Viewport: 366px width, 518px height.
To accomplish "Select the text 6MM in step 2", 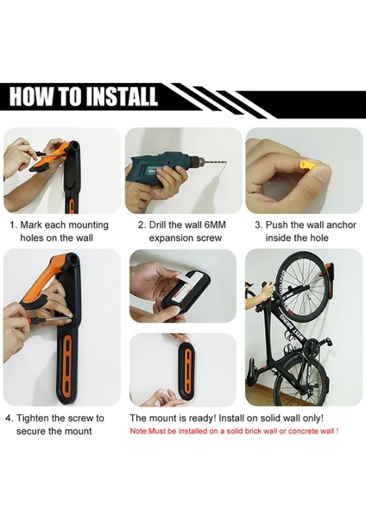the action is [215, 225].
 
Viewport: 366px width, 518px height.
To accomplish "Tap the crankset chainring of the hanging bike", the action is [312, 351].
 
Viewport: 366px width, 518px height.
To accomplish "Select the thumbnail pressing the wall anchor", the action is [323, 173].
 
